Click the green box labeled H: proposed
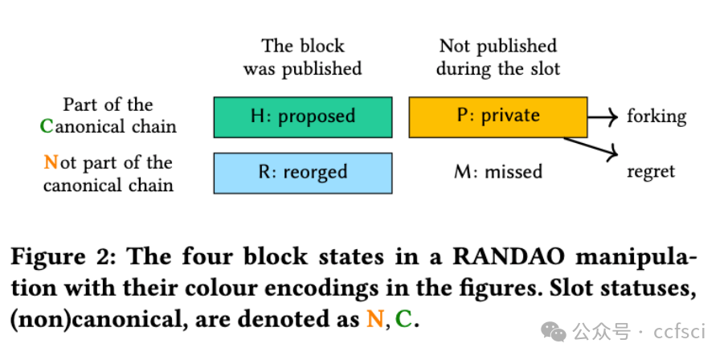[302, 117]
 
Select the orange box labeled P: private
[497, 117]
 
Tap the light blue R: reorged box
[302, 172]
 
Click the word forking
[656, 117]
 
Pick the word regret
[651, 171]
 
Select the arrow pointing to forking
[602, 117]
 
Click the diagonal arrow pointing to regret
[590, 145]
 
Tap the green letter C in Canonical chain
[47, 126]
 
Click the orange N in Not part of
[51, 163]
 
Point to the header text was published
[302, 69]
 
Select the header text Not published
[498, 47]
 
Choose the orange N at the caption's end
[374, 319]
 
